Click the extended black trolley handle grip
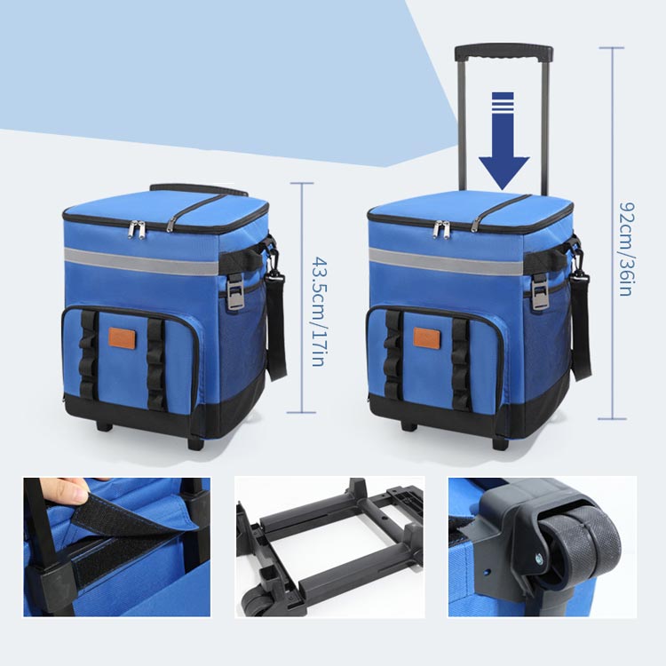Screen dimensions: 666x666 [x=503, y=53]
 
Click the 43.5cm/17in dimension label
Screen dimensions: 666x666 [x=319, y=311]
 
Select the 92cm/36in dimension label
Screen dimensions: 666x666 [x=627, y=249]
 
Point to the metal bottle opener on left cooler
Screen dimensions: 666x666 [x=235, y=291]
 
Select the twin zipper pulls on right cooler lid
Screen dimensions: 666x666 [x=441, y=229]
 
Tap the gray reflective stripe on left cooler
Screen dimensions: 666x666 [x=141, y=261]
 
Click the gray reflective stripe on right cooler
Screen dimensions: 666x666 [x=446, y=261]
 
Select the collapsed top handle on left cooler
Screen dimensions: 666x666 [x=199, y=189]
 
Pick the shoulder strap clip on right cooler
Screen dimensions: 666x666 [x=578, y=267]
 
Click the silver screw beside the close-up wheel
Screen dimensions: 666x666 [x=540, y=559]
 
